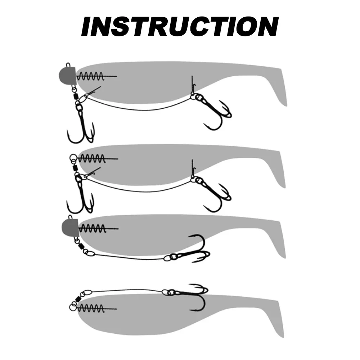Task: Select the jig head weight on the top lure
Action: pyautogui.click(x=67, y=73)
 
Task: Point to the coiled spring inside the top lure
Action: pyautogui.click(x=91, y=76)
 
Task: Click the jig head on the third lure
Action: pyautogui.click(x=69, y=226)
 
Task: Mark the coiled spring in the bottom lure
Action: pyautogui.click(x=91, y=308)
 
